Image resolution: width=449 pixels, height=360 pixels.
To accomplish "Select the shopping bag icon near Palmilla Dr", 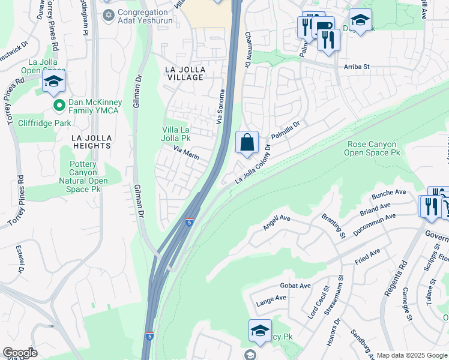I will pyautogui.click(x=247, y=143).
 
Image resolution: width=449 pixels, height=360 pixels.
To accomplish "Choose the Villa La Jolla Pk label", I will pyautogui.click(x=184, y=134).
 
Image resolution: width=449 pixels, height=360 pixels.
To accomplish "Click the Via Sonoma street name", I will pyautogui.click(x=221, y=107).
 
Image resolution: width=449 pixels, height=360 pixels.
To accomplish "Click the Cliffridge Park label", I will pyautogui.click(x=45, y=123).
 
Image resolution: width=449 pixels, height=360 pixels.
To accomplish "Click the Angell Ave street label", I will pyautogui.click(x=276, y=223).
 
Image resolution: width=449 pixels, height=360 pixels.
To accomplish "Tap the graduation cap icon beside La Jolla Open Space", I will pyautogui.click(x=54, y=82).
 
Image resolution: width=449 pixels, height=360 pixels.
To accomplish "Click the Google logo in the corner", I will pyautogui.click(x=19, y=353).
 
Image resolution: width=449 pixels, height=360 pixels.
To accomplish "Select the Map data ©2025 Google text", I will pyautogui.click(x=412, y=355).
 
